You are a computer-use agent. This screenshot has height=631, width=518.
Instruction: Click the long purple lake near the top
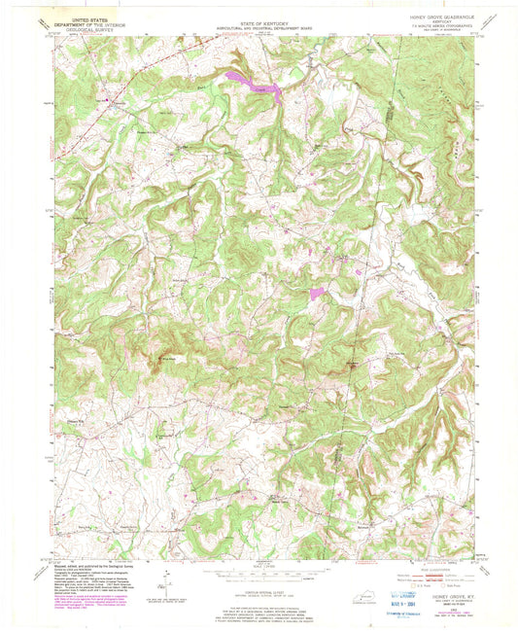coord(255,85)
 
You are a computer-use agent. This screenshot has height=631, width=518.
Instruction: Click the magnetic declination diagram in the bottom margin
coord(168,589)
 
